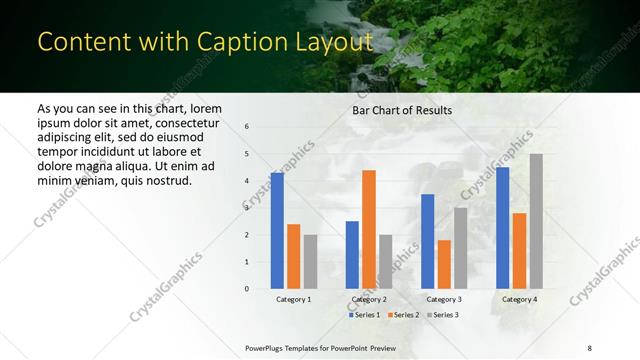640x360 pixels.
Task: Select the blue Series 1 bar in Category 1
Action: pyautogui.click(x=277, y=231)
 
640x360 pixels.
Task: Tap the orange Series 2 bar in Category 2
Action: pyautogui.click(x=368, y=229)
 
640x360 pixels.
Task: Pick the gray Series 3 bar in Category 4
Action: pyautogui.click(x=536, y=221)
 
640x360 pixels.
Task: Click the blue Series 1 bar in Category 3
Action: pyautogui.click(x=427, y=241)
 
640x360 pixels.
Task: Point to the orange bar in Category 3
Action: pyautogui.click(x=444, y=264)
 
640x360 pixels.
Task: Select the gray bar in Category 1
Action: pyautogui.click(x=310, y=261)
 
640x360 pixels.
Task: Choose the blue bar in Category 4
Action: pyautogui.click(x=502, y=228)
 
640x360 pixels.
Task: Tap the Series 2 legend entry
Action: pyautogui.click(x=402, y=315)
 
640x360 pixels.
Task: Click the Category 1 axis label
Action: pyautogui.click(x=294, y=299)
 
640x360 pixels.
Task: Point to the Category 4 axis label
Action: pyautogui.click(x=519, y=299)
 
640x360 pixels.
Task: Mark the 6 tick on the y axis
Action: pyautogui.click(x=247, y=127)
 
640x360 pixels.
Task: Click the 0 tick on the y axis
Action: pyautogui.click(x=247, y=289)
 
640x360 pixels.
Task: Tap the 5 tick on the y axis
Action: pyautogui.click(x=247, y=154)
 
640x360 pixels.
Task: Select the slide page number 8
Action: pyautogui.click(x=590, y=346)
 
